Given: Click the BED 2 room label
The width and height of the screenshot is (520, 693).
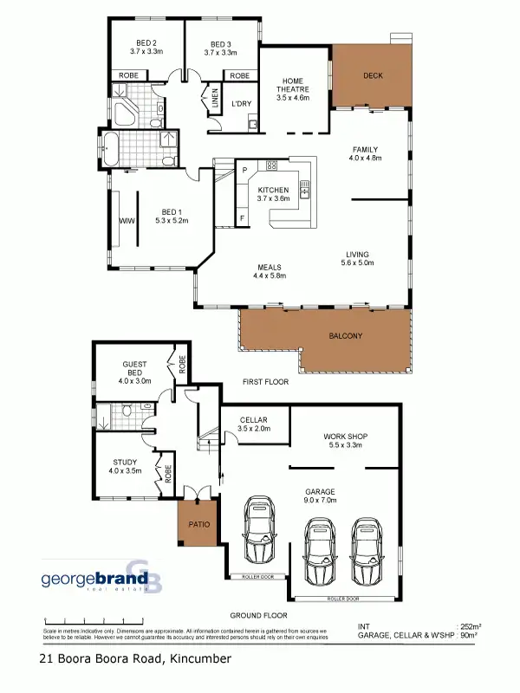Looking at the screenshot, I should tap(146, 44).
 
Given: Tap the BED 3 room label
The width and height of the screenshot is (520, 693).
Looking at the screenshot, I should tap(220, 44).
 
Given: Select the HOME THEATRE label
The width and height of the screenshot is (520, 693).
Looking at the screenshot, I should tap(292, 89).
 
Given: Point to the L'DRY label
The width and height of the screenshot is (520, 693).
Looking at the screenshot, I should tap(241, 105).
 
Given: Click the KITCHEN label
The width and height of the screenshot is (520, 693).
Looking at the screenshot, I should tap(273, 190).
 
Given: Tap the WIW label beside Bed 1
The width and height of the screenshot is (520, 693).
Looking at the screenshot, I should tap(125, 221).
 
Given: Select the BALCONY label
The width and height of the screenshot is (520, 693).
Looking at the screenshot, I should tap(346, 335).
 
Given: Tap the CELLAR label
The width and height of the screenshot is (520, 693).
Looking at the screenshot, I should tap(255, 420).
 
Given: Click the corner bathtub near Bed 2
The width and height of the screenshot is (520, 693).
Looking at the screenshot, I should tap(127, 113).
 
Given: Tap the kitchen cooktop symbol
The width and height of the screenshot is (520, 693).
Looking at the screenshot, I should tap(271, 165).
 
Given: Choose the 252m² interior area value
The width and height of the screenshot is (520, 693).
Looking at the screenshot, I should tap(470, 625).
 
